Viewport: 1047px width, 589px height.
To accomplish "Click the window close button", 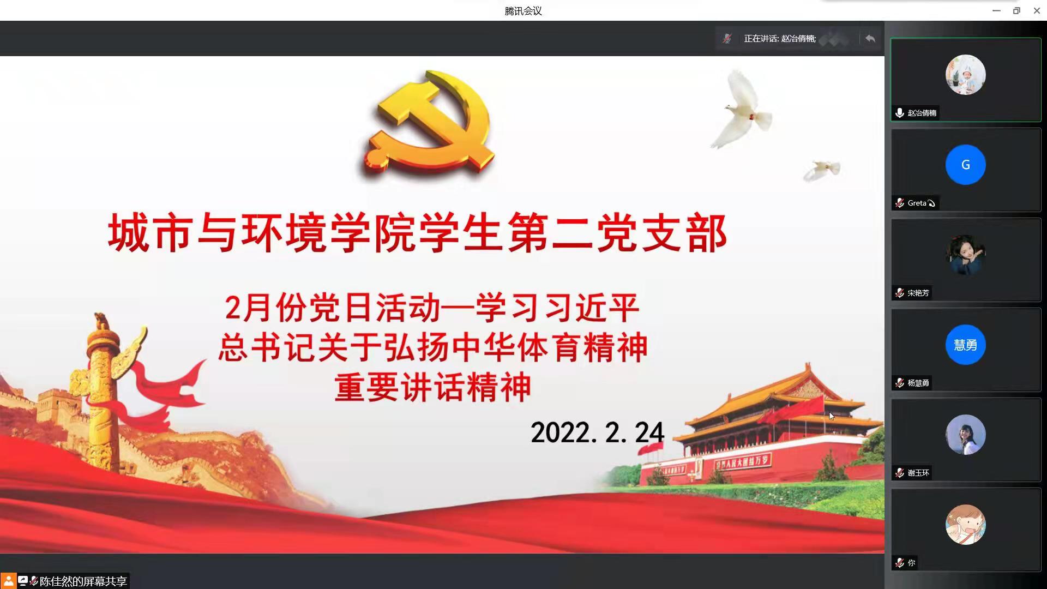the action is [1037, 10].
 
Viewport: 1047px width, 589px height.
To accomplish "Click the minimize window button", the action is [996, 10].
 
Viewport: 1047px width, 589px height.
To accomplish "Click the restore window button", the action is [1016, 10].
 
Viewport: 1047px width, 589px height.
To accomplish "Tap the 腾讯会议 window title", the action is [523, 11].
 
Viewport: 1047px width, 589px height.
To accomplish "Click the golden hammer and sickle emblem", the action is [430, 123].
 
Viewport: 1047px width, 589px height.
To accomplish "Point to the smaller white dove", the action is [822, 170].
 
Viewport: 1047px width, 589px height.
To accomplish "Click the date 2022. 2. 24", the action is [597, 432].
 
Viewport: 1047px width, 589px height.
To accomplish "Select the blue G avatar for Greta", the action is [965, 165].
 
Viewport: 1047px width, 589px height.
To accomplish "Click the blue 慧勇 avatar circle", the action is [965, 345].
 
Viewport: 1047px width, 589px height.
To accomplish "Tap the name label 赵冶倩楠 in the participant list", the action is [922, 113].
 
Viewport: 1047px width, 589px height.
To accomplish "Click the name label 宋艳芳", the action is [918, 293].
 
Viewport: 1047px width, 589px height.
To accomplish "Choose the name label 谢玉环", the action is [918, 473].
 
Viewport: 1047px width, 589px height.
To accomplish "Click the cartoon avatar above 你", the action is [965, 525].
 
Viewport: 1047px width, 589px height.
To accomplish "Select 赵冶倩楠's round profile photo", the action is [965, 75].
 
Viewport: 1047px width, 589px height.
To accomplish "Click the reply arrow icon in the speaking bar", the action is [870, 38].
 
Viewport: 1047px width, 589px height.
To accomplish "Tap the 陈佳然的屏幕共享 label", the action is [83, 581].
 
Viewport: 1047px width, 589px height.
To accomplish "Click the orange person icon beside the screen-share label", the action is [8, 581].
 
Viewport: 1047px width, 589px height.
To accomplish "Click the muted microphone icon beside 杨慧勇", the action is [900, 383].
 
